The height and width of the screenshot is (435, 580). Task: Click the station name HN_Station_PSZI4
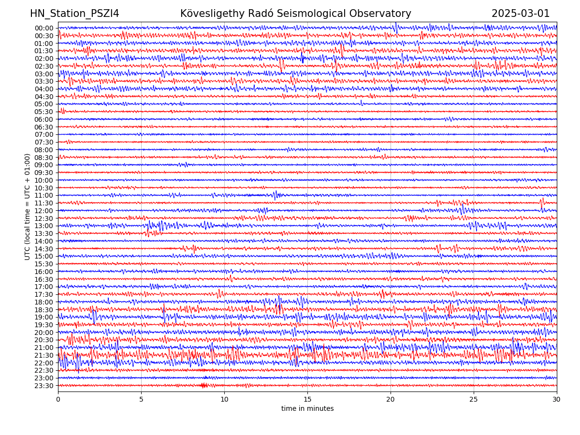coord(74,14)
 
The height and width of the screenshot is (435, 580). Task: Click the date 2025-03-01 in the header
coord(521,14)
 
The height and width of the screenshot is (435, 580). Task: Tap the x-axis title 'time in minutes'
coord(307,409)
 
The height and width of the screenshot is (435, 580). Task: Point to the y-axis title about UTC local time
coord(28,206)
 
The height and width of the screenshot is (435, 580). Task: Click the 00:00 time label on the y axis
coord(44,28)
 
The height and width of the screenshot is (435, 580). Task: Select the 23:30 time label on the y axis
coord(44,386)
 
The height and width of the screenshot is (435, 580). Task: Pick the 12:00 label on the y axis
coord(44,211)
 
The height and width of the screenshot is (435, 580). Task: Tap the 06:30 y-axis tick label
coord(44,127)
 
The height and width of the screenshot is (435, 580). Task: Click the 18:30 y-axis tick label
coord(44,310)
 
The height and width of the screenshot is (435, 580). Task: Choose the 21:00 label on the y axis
coord(44,348)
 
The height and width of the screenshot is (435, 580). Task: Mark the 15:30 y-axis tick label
coord(44,264)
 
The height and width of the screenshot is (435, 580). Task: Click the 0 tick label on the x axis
coord(58,399)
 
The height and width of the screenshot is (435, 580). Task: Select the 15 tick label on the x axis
coord(307,399)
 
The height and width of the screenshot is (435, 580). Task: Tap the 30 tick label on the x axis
coord(557,399)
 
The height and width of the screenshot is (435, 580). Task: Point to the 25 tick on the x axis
coord(474,399)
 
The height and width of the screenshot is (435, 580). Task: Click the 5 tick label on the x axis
coord(141,399)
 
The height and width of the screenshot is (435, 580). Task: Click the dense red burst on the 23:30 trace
coord(204,385)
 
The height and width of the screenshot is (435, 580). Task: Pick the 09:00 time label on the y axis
coord(44,165)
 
